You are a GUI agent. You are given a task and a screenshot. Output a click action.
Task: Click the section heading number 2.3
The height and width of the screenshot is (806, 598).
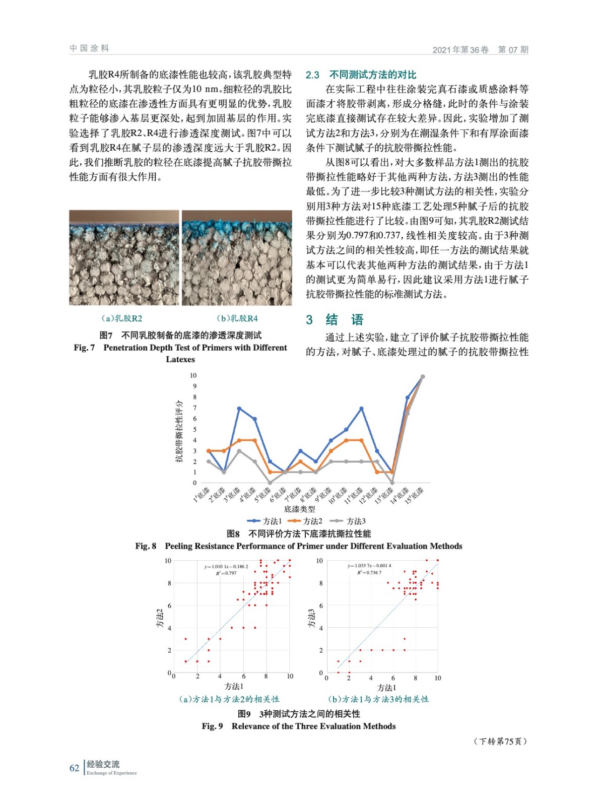(312, 75)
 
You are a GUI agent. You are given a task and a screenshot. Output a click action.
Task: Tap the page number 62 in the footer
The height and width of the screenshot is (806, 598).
(74, 768)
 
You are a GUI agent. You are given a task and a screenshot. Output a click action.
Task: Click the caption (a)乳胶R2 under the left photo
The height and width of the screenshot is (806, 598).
(122, 318)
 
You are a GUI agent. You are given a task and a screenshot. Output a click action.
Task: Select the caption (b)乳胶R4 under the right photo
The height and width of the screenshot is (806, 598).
(237, 318)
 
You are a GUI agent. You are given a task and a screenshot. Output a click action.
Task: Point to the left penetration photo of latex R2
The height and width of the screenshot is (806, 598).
(124, 257)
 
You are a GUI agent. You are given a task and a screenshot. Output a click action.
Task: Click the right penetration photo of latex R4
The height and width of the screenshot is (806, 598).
(237, 257)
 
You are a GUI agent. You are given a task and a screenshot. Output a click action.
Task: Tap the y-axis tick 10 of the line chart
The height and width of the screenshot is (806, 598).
(193, 375)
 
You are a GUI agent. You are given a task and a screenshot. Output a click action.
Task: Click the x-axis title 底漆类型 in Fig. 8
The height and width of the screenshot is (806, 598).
(299, 509)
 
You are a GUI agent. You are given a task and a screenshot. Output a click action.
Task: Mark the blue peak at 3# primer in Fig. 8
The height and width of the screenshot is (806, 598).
(239, 409)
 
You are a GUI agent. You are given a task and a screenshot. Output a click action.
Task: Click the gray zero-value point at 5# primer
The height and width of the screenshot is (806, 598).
(270, 483)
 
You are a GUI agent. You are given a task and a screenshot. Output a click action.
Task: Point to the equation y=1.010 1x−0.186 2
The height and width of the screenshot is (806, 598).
(226, 567)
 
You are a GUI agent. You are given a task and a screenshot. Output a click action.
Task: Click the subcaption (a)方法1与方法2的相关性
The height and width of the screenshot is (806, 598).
(229, 699)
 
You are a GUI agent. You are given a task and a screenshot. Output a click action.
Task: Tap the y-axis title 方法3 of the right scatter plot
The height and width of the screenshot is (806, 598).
(311, 618)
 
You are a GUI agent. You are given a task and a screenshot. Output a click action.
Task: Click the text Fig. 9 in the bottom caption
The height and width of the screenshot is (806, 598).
(212, 726)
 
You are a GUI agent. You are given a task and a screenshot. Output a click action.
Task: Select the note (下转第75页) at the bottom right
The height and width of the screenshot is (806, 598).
(500, 741)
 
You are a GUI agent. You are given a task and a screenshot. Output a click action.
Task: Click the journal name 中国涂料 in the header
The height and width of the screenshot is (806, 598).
(89, 48)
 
